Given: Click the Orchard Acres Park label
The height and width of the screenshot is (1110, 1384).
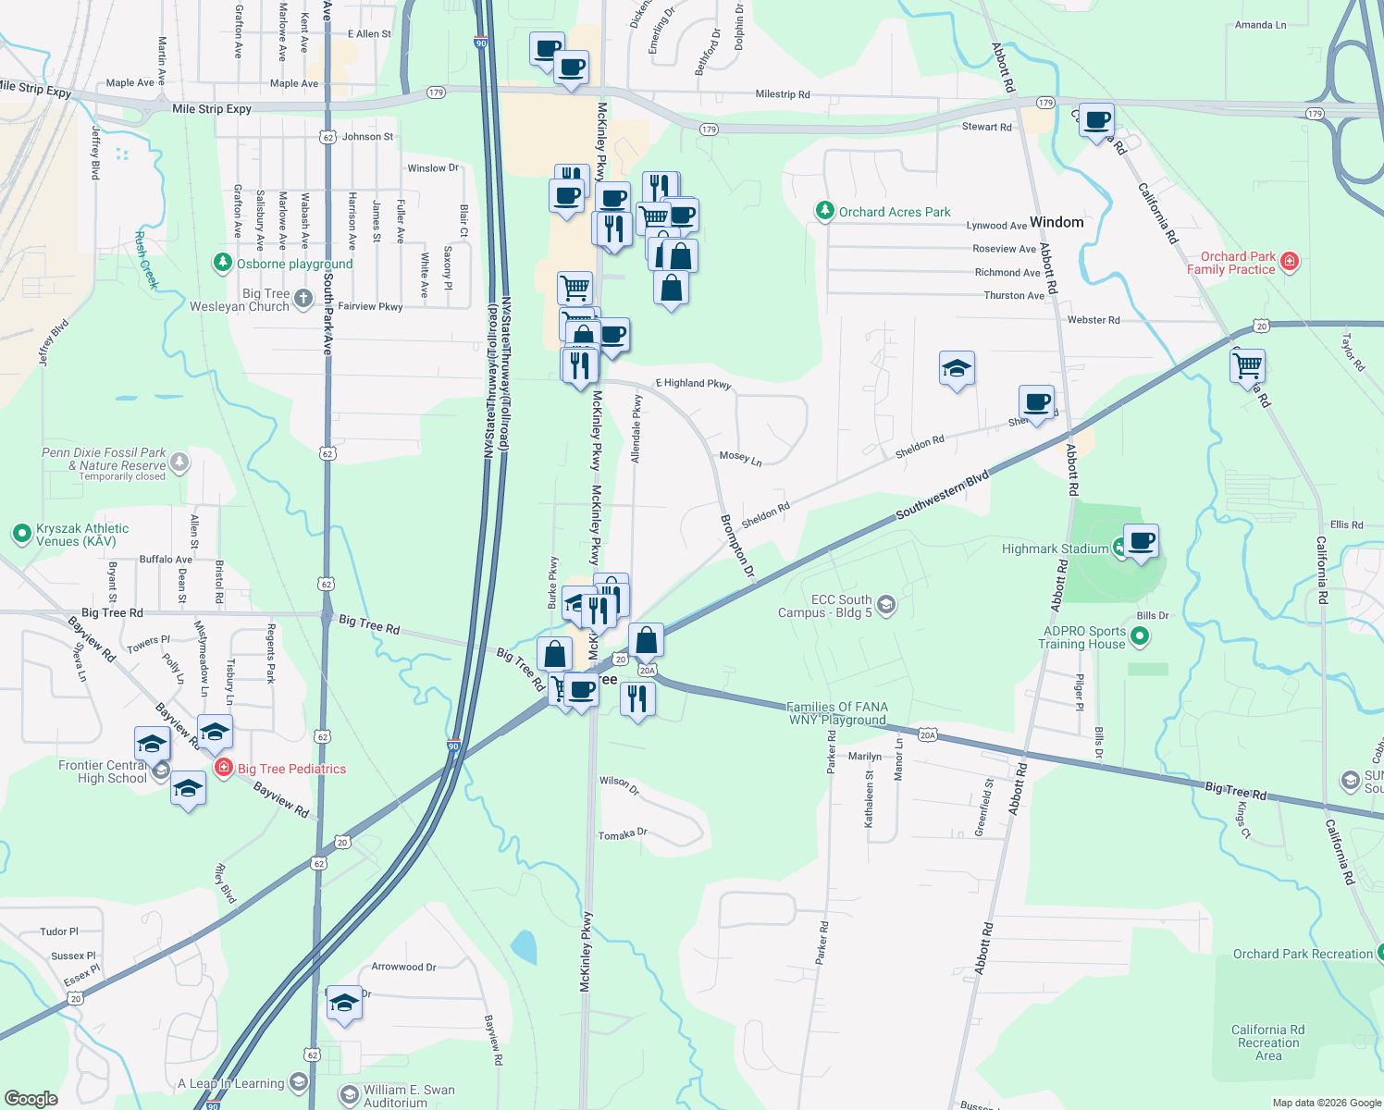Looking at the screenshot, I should pyautogui.click(x=895, y=212).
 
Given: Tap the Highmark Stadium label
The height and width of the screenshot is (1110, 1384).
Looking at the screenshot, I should pyautogui.click(x=1055, y=549).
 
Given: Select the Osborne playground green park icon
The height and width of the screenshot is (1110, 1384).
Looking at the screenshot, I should pyautogui.click(x=222, y=263).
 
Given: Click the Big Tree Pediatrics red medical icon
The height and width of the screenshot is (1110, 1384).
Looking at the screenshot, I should pyautogui.click(x=224, y=768).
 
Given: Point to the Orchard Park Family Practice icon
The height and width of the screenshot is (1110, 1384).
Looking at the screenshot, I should pyautogui.click(x=1290, y=262).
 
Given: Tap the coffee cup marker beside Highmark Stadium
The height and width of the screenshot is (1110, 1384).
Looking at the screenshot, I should pyautogui.click(x=1142, y=540).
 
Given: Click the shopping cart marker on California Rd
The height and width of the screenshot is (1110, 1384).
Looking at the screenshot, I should pyautogui.click(x=1248, y=364).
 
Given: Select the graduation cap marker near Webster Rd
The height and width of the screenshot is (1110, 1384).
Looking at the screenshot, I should pyautogui.click(x=957, y=369).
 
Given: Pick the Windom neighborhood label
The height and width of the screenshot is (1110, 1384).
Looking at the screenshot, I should pyautogui.click(x=1057, y=222).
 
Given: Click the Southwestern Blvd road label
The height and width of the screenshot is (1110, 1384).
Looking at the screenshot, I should pyautogui.click(x=943, y=495).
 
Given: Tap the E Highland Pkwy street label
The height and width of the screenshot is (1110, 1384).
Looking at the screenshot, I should pyautogui.click(x=693, y=383).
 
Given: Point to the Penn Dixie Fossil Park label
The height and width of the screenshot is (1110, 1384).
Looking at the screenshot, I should pyautogui.click(x=105, y=460).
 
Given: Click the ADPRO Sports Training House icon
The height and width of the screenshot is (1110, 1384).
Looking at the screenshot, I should pyautogui.click(x=1140, y=636).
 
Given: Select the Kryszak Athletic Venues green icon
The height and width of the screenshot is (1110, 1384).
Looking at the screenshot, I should pyautogui.click(x=21, y=534).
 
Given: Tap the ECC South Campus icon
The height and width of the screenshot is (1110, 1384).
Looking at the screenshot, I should pyautogui.click(x=886, y=605).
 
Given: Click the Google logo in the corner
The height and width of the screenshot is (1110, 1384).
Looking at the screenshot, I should pyautogui.click(x=31, y=1099).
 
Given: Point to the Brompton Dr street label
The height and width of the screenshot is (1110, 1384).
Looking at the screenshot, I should pyautogui.click(x=737, y=547).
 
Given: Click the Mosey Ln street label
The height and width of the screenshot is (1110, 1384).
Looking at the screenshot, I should pyautogui.click(x=740, y=458).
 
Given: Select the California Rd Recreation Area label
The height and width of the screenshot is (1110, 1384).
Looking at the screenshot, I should pyautogui.click(x=1268, y=1042).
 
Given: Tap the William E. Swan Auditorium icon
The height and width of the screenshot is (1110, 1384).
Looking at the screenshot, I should pyautogui.click(x=349, y=1095).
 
